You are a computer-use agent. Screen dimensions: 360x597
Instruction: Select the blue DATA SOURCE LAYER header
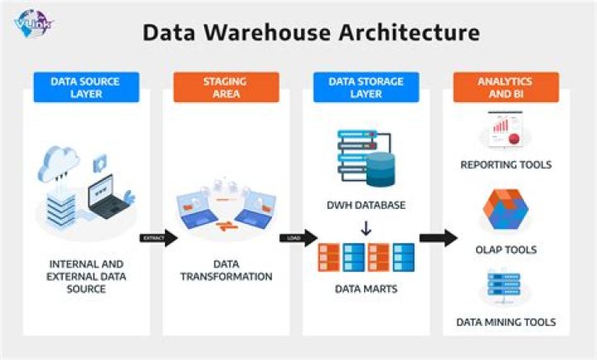tap(86, 88)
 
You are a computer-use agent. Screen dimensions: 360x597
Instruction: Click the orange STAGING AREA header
tap(226, 88)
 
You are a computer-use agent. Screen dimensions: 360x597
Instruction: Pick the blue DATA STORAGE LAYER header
tap(366, 88)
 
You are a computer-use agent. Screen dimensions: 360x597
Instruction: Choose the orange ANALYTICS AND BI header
tap(506, 88)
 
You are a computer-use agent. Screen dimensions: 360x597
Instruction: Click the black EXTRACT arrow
tap(158, 239)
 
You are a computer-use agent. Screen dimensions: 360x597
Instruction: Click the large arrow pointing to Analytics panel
tap(438, 239)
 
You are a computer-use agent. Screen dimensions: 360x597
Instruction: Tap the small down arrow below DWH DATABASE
tap(366, 226)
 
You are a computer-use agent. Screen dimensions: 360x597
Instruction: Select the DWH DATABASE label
tap(366, 205)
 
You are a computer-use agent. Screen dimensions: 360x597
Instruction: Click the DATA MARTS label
tap(366, 289)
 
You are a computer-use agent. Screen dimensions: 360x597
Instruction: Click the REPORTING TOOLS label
tap(506, 165)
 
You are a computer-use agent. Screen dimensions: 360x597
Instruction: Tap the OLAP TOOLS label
tap(506, 249)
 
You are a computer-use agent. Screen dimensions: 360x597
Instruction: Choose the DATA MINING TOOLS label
tap(506, 322)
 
